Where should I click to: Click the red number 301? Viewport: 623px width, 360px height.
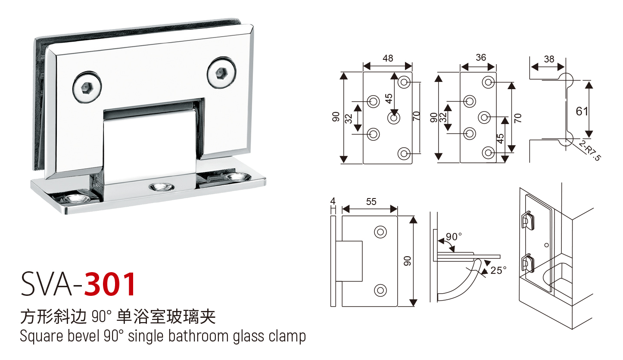tap(110, 285)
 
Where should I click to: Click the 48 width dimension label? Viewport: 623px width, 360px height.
tap(388, 58)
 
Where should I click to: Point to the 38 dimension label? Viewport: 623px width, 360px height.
tap(548, 59)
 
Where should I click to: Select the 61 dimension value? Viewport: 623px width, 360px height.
tap(582, 111)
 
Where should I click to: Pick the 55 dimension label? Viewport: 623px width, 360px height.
tap(371, 201)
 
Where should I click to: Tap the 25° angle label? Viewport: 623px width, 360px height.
tap(498, 270)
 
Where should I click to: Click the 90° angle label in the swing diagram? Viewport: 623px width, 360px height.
tap(454, 237)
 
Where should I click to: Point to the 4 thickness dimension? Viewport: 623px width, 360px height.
tap(332, 201)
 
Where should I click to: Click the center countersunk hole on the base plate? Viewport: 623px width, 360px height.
tap(160, 187)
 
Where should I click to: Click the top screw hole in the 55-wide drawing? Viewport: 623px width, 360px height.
tap(380, 232)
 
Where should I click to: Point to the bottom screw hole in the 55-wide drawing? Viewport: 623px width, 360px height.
tap(380, 291)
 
